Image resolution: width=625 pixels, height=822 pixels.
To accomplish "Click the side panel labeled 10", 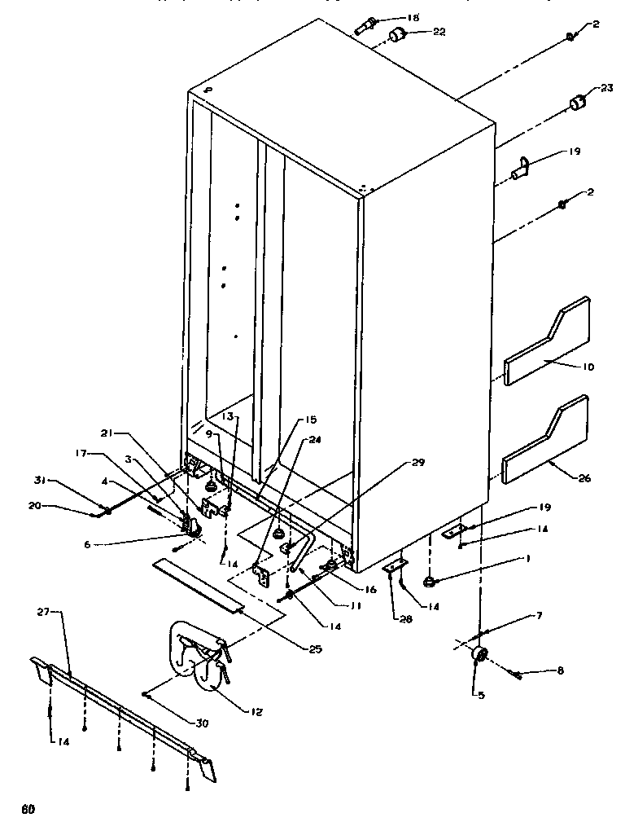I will [545, 342].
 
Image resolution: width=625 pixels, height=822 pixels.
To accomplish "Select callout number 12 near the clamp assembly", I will [256, 710].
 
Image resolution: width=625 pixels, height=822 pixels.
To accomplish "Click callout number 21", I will [107, 432].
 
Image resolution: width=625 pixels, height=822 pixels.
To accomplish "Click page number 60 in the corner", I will [29, 809].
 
